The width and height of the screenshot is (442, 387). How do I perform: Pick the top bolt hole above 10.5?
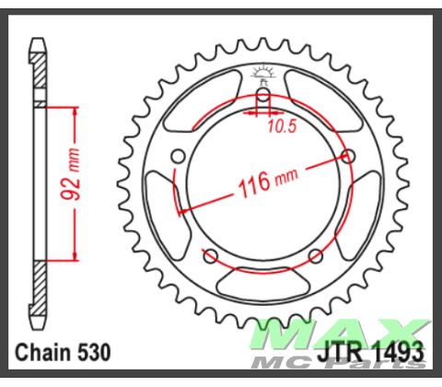pos(262,94)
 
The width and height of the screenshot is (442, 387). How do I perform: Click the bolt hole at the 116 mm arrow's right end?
pos(348,157)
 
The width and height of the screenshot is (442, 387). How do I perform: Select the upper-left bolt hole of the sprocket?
pos(178,156)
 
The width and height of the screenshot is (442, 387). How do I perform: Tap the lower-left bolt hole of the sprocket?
pos(210,255)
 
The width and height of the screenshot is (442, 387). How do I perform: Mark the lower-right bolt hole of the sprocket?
pos(316,255)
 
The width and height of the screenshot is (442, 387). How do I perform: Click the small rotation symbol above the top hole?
pos(262,73)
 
